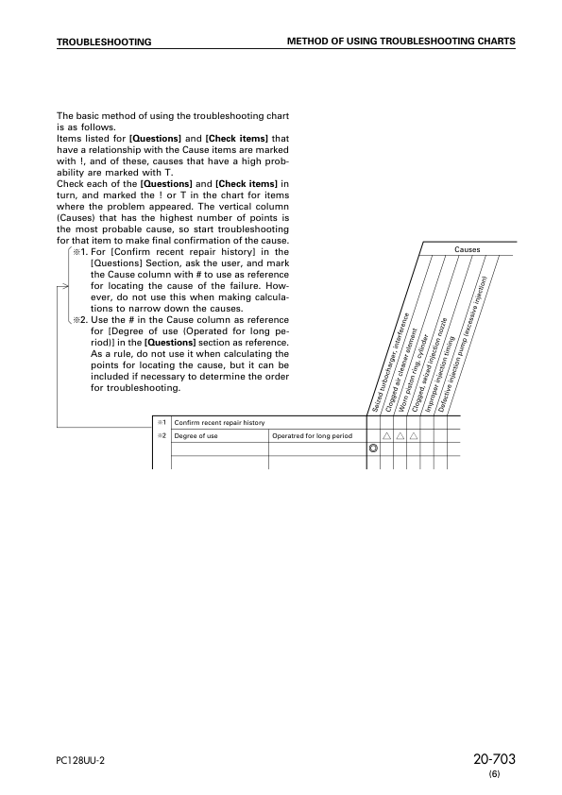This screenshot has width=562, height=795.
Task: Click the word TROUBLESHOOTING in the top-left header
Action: click(x=104, y=42)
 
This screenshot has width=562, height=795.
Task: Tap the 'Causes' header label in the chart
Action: click(x=467, y=249)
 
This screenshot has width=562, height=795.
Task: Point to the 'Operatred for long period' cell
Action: click(x=312, y=436)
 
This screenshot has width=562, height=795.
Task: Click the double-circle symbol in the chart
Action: click(x=373, y=449)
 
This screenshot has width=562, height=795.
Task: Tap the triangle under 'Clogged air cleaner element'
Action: click(x=386, y=436)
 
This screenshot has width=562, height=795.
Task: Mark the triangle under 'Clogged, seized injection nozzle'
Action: click(x=413, y=436)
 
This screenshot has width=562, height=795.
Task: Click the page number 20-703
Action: click(x=494, y=761)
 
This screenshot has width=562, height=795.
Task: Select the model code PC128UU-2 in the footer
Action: click(x=80, y=763)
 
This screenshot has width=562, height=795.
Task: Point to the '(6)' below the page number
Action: click(x=494, y=775)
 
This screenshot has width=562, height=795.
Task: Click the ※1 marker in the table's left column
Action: click(x=162, y=423)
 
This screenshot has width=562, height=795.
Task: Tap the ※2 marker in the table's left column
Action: click(x=162, y=436)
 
